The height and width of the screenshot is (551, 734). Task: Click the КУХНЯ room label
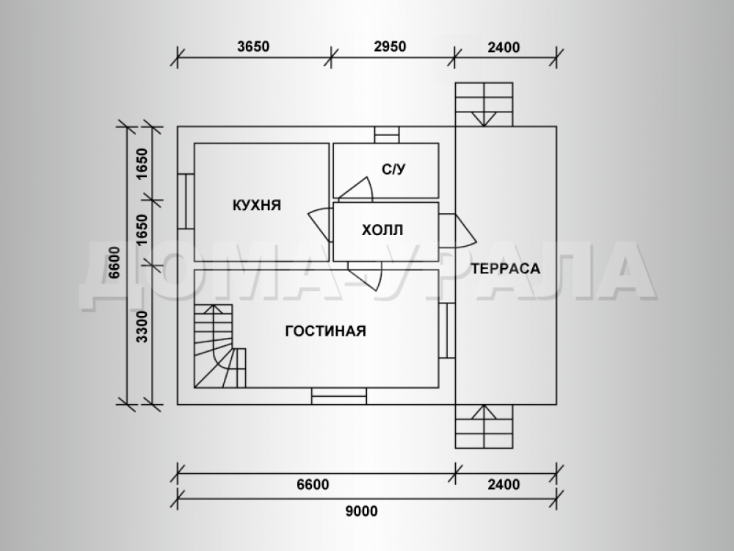click(x=256, y=205)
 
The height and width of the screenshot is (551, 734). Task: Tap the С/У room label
click(x=393, y=169)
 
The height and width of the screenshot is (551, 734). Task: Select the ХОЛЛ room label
click(x=382, y=230)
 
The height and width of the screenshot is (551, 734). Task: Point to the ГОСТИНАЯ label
click(x=325, y=331)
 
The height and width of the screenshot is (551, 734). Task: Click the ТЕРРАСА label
click(x=506, y=268)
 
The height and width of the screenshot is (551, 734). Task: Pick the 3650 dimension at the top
click(x=253, y=46)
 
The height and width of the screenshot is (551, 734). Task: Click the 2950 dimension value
click(x=390, y=46)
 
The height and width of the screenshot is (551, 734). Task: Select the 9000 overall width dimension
click(x=361, y=511)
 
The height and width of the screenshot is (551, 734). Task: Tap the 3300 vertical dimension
click(x=142, y=327)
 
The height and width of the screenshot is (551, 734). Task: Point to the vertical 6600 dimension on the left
click(x=115, y=262)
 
